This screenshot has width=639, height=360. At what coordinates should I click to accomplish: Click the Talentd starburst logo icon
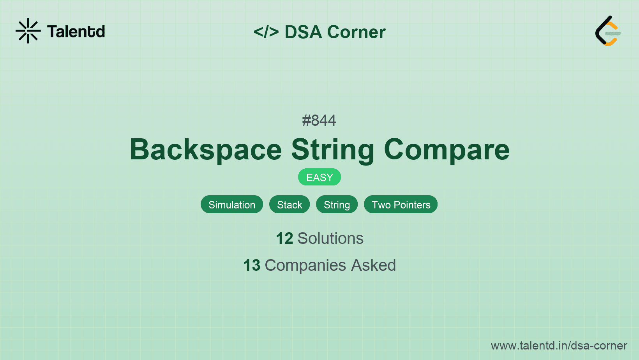click(x=28, y=31)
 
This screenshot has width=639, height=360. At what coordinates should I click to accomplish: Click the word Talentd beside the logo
click(x=76, y=32)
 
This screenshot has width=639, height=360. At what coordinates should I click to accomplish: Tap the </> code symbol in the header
click(x=266, y=32)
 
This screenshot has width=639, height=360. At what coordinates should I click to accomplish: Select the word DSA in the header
click(x=303, y=32)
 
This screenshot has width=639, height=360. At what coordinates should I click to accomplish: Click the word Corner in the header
click(x=357, y=32)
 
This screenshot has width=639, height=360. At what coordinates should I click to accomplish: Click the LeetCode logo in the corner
click(x=608, y=31)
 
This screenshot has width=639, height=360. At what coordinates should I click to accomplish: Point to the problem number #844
click(x=319, y=120)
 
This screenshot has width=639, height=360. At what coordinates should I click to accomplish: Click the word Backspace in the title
click(x=206, y=150)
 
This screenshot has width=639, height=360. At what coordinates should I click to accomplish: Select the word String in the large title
click(x=333, y=150)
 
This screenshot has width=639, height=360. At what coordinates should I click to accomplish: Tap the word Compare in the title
click(x=447, y=150)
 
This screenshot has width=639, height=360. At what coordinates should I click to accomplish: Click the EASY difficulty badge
click(x=319, y=177)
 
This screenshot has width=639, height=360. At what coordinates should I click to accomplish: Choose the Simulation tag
click(x=232, y=205)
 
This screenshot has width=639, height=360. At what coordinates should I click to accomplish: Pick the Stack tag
click(x=289, y=205)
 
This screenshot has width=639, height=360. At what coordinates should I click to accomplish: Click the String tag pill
click(x=337, y=205)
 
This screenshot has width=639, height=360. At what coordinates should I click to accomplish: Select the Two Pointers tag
click(x=401, y=205)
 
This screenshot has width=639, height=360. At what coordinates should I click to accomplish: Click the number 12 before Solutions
click(x=284, y=238)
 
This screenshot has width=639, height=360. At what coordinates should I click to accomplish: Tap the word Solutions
click(x=330, y=238)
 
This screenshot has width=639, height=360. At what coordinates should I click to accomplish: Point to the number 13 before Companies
click(x=252, y=265)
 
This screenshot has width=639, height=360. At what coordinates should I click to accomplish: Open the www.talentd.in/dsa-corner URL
click(x=559, y=346)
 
